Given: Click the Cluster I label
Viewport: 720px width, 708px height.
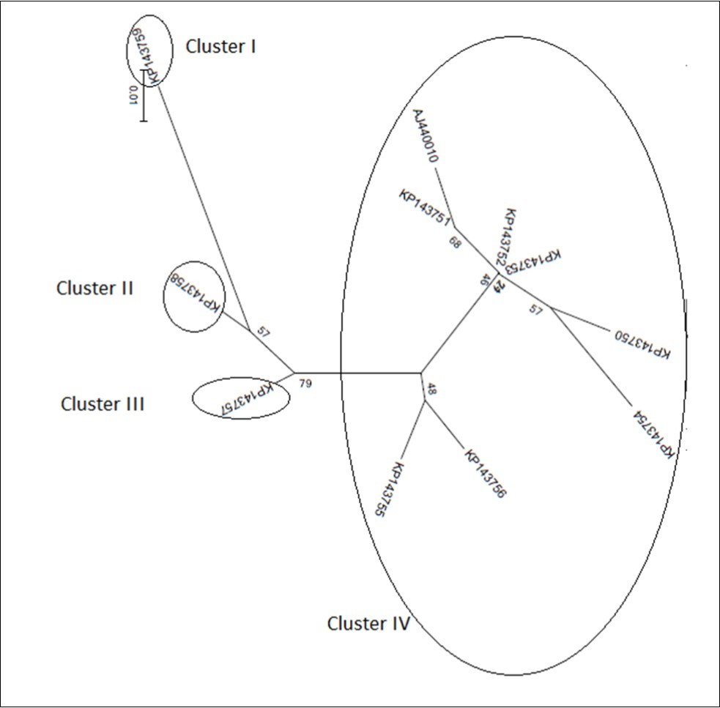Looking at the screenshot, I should point(220,47).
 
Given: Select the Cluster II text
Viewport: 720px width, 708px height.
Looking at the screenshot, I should point(94,288).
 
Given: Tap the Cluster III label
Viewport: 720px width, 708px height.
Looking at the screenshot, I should point(103,403).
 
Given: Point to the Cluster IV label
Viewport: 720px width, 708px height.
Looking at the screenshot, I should point(368,624).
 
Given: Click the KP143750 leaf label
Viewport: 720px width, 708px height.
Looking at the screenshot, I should point(639,343).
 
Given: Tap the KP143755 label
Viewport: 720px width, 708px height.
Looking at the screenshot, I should point(388,489).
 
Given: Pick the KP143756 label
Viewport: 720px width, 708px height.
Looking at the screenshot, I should point(485,474).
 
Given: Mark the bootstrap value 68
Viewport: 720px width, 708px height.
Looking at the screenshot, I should point(456,242).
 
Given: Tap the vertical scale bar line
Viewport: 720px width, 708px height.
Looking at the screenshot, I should point(144,95).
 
